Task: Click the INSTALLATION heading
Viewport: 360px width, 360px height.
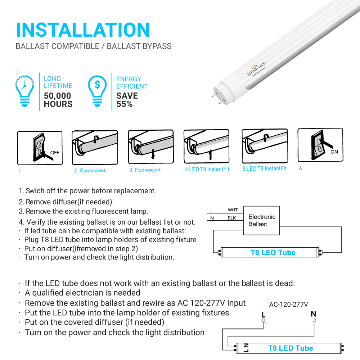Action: (83, 30)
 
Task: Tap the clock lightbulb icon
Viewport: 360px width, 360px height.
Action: (25, 91)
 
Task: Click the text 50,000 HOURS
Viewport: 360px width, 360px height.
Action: (58, 100)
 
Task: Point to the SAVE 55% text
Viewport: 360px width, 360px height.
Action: (127, 100)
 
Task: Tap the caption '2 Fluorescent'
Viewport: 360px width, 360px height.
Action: (90, 170)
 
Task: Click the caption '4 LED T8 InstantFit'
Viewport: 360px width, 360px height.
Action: (207, 169)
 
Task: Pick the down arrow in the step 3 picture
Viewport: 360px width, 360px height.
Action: (153, 154)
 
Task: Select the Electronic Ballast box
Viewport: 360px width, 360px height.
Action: (262, 220)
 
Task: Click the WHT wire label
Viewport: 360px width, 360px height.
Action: (233, 210)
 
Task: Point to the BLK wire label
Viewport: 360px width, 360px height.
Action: (232, 218)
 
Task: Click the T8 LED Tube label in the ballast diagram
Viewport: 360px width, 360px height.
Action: (273, 253)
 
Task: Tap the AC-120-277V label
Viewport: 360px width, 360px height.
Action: (288, 304)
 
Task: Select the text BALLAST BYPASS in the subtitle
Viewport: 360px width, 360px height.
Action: (139, 46)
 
